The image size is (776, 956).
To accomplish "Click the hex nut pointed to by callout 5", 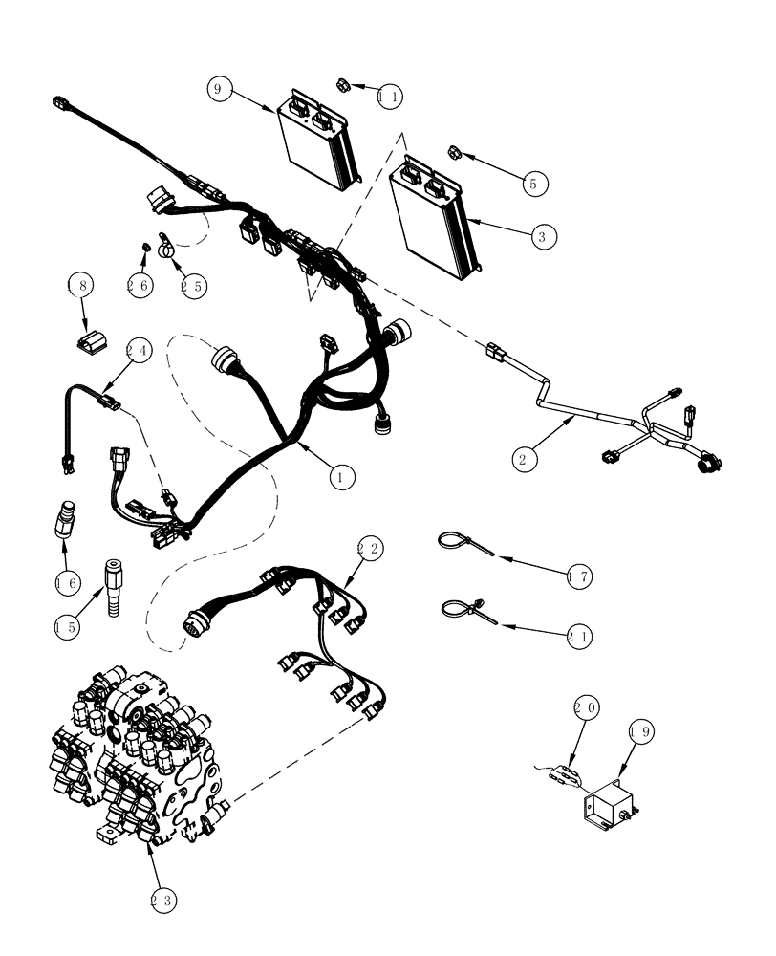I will (x=456, y=151).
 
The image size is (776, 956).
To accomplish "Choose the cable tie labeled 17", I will (x=458, y=543).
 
